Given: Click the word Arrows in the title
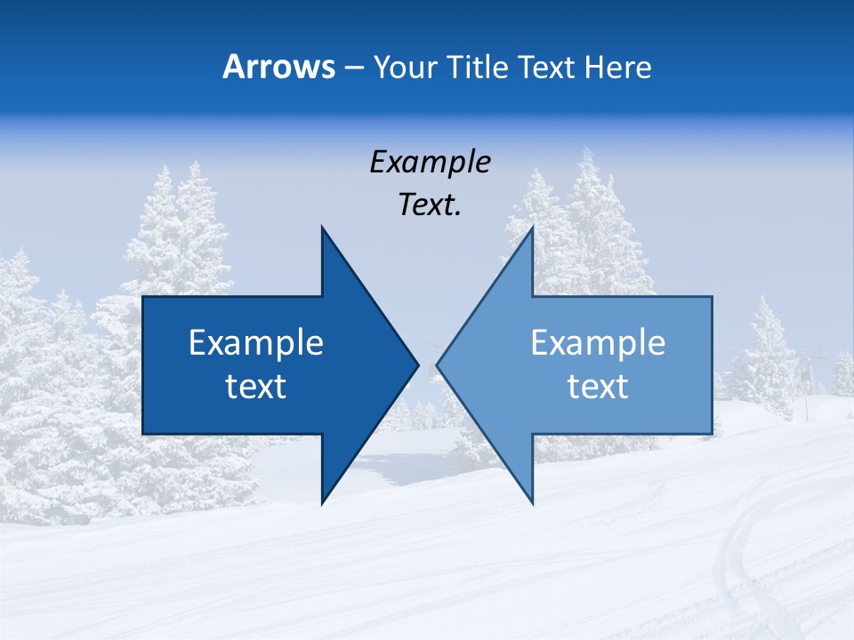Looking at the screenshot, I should tap(278, 67).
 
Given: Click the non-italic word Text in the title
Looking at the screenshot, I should tap(547, 67).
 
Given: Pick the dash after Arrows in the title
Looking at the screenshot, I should tap(353, 68).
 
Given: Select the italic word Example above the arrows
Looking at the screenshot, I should tap(430, 163).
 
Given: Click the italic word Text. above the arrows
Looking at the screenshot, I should tap(430, 205).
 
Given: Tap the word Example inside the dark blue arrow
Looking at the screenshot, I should tap(256, 343).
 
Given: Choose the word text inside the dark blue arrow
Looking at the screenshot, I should tap(256, 387).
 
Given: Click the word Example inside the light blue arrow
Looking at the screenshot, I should tap(598, 343).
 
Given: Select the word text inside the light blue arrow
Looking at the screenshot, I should tap(598, 387).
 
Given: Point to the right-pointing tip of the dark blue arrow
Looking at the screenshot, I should tap(417, 364).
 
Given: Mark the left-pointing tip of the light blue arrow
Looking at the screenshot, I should tap(438, 364).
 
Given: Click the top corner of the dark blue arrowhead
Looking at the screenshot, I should tap(323, 228).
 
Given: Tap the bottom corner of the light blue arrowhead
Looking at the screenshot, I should tap(532, 502).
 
